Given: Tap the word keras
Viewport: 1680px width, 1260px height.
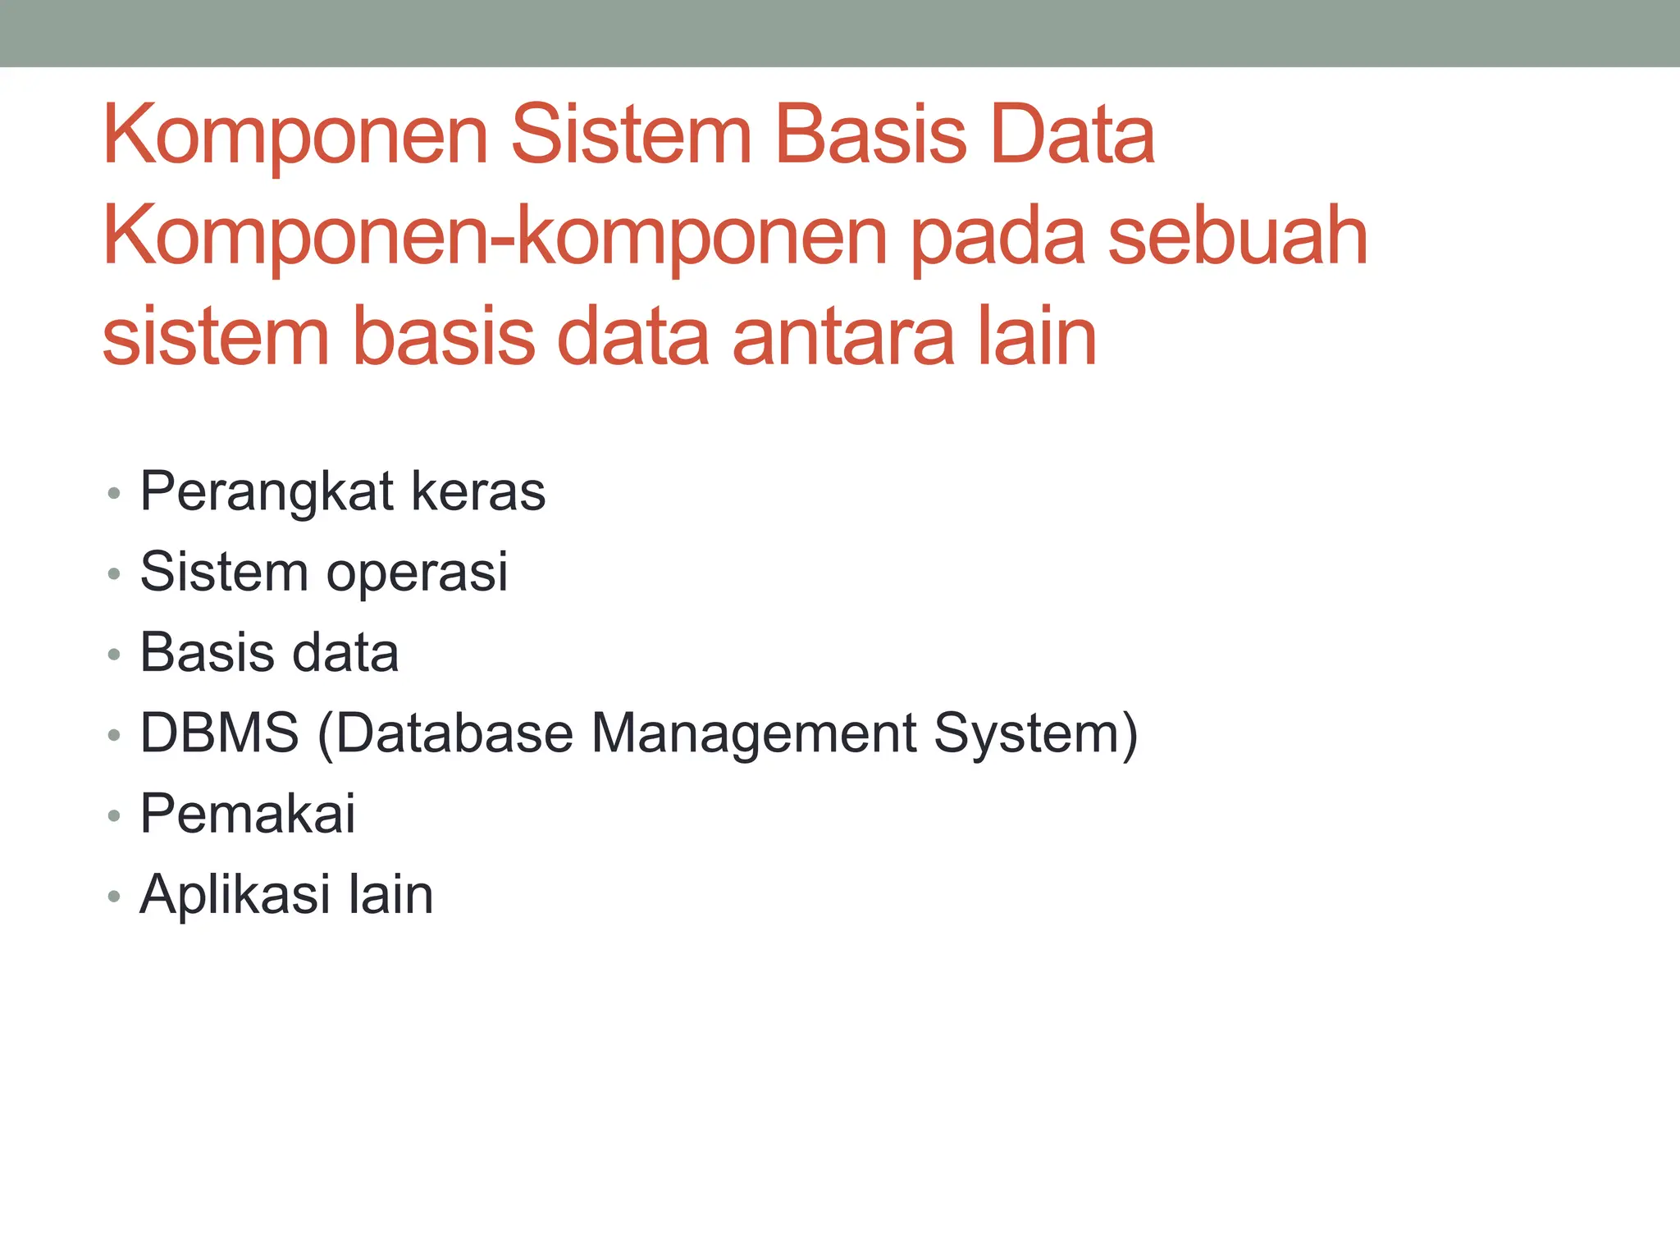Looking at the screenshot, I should [x=478, y=491].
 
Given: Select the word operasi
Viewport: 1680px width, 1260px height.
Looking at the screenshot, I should [x=417, y=572].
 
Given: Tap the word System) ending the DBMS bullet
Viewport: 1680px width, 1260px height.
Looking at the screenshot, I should [x=1036, y=733].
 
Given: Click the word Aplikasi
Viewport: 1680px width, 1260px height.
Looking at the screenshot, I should [x=235, y=894].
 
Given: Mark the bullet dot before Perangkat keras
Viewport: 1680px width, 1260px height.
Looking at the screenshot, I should [x=114, y=494].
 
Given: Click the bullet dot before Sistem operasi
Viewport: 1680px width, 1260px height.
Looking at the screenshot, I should [x=114, y=574].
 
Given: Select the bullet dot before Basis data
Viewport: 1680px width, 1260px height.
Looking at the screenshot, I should [x=114, y=655].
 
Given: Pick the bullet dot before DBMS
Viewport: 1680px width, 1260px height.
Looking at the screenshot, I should [x=114, y=735].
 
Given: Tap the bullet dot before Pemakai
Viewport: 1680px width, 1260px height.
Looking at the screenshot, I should [x=114, y=815].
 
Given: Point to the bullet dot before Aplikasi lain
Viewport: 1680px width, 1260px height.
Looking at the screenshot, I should [x=114, y=896].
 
